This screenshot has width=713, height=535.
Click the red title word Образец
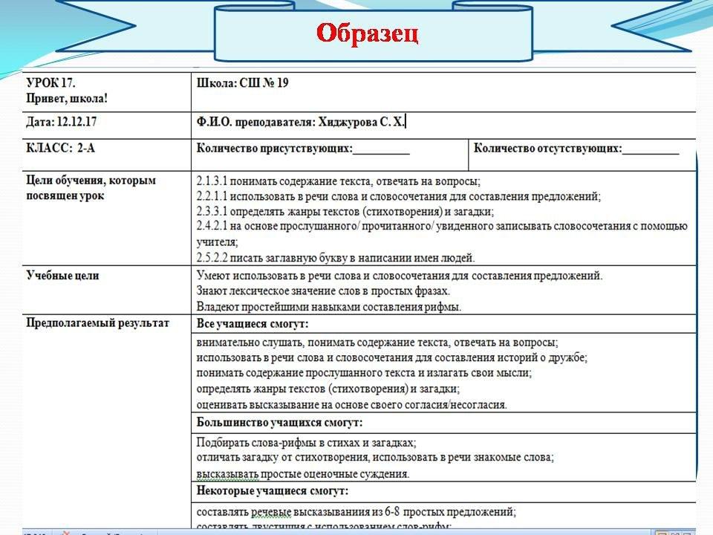pos(368,34)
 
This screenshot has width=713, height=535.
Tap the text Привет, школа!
pos(67,97)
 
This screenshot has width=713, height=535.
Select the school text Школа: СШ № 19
pos(242,82)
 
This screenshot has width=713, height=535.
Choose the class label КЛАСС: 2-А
pos(60,148)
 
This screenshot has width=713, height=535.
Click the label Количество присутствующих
pos(274,148)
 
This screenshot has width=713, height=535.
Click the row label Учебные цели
pos(62,276)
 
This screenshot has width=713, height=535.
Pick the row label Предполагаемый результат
pos(97,322)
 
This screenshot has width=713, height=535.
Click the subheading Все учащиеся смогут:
pos(252,324)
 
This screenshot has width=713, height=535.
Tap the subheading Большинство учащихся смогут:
pos(279,423)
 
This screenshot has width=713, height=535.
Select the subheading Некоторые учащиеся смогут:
pos(272,491)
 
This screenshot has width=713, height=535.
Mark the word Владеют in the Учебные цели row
pos(215,305)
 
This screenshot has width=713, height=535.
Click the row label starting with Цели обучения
pos(91,181)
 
